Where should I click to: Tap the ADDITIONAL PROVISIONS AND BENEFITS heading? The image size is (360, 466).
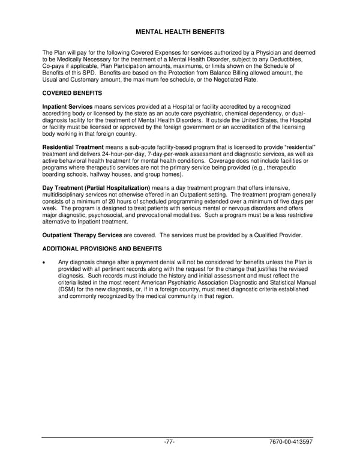(x=102, y=248)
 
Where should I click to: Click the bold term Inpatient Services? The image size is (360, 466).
(x=67, y=106)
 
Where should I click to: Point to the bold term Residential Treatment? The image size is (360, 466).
(x=73, y=147)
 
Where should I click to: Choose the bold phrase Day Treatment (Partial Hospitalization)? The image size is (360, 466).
(x=96, y=188)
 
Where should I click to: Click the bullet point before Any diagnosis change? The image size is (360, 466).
(x=44, y=262)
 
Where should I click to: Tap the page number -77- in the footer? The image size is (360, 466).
(x=169, y=443)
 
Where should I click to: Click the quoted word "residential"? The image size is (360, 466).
(x=298, y=147)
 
